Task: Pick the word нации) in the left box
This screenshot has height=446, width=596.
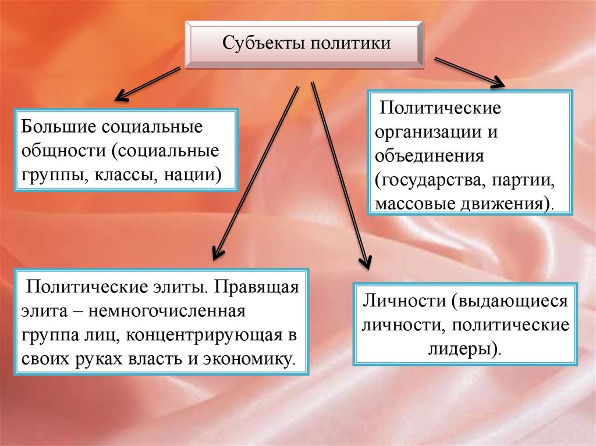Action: pos(193,174)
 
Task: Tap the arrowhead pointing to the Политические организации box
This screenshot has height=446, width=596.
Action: pos(498,83)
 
